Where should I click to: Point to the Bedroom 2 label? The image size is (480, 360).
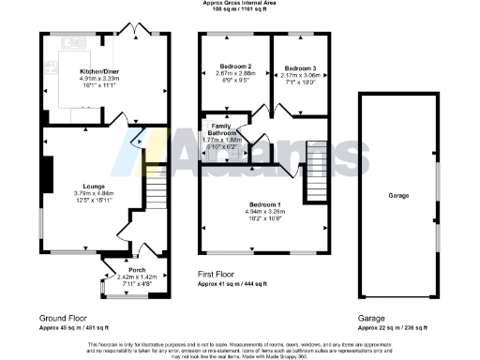[236, 67]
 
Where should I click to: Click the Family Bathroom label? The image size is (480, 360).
[222, 129]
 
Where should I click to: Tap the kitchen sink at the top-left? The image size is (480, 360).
[73, 42]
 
